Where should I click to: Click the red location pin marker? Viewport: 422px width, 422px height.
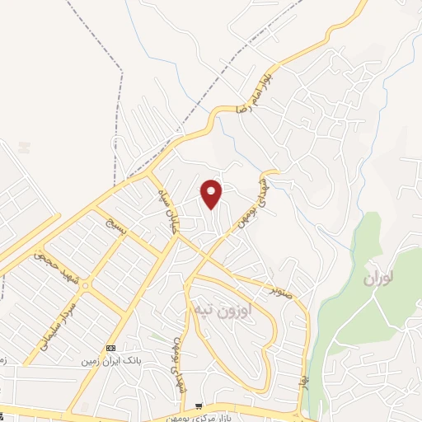coord(212,193)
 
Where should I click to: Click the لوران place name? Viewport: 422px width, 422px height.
coord(381,279)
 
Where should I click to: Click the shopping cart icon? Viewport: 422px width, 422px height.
coord(199,406)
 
